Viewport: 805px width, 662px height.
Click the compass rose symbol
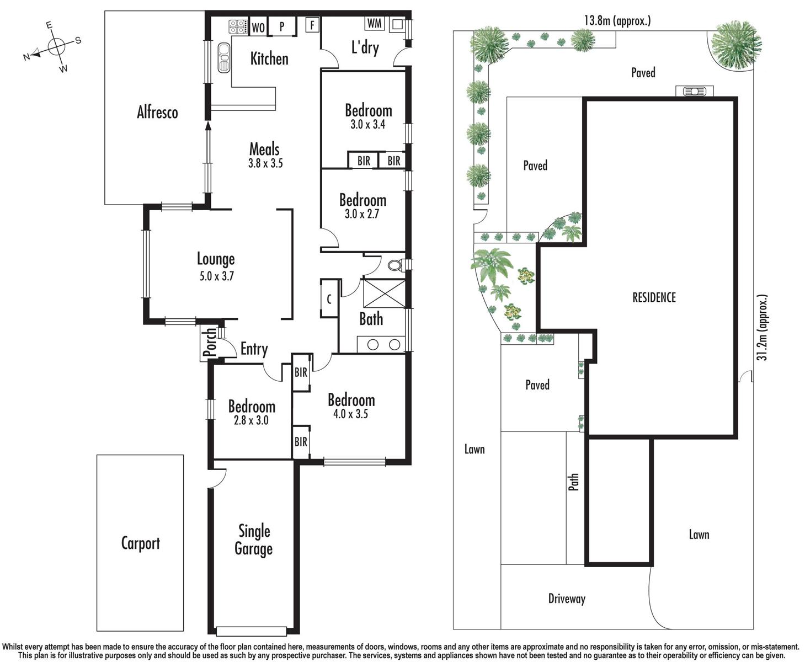(55, 47)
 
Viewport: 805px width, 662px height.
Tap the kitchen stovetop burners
(237, 26)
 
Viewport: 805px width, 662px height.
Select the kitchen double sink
(223, 57)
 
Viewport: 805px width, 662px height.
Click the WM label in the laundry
(375, 23)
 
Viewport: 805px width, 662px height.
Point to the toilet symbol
(397, 265)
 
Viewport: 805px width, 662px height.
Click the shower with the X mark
(384, 293)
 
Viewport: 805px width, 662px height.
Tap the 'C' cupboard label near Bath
(329, 300)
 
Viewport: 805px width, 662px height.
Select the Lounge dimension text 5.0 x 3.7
(216, 276)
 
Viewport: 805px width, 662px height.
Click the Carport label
(141, 543)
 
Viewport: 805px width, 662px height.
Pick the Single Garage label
(254, 540)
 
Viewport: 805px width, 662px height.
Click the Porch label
(210, 342)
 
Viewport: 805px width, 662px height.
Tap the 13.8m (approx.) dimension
(617, 20)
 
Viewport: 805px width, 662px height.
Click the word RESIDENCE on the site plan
(654, 297)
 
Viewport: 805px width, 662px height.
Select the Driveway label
(567, 598)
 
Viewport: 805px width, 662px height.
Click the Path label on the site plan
(574, 482)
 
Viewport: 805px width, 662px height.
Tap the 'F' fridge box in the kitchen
(312, 25)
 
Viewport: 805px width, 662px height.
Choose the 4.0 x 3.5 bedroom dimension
(350, 414)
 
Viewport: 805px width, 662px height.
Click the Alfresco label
(157, 113)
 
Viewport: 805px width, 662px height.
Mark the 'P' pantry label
(282, 26)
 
